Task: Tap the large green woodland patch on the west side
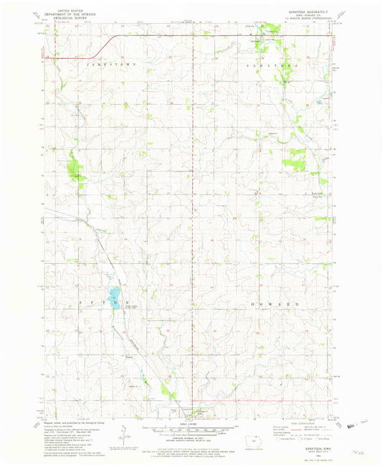[75, 169]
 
